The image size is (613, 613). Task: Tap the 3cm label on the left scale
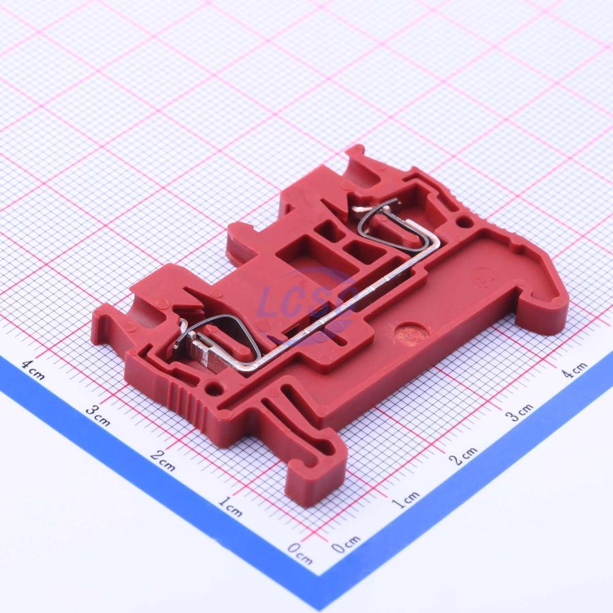pos(97,415)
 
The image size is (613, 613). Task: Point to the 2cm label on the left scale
pos(163,460)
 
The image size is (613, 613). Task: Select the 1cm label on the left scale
pos(230,507)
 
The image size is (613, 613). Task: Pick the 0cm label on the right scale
pos(347,544)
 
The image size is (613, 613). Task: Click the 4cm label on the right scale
pos(574,369)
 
